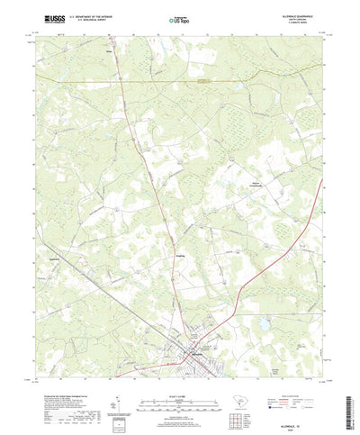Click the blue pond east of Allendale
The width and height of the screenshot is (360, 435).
point(263,320)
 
